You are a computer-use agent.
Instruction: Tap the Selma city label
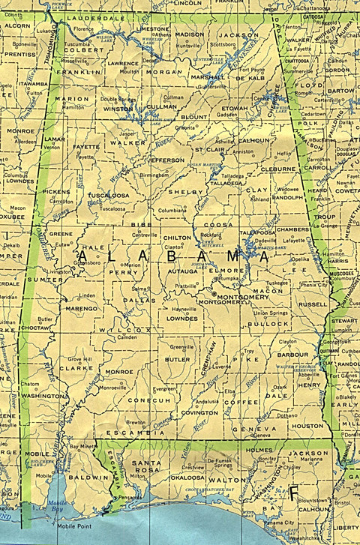click(139, 288)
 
